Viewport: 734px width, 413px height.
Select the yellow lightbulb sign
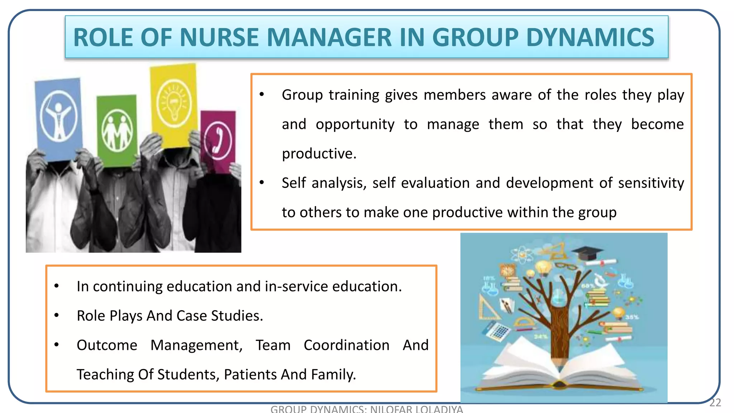[x=174, y=104]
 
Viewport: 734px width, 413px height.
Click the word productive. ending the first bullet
[x=319, y=153]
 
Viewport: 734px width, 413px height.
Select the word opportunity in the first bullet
[x=355, y=124]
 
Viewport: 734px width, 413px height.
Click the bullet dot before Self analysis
[x=262, y=182]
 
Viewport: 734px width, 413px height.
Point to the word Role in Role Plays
[x=91, y=316]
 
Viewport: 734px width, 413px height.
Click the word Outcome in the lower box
[x=107, y=345]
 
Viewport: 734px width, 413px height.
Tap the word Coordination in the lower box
[x=346, y=345]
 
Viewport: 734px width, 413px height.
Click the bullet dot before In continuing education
[x=57, y=286]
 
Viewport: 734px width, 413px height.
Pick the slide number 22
[x=715, y=403]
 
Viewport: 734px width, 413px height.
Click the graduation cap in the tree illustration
[x=588, y=253]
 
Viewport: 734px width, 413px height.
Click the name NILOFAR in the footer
[x=391, y=409]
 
